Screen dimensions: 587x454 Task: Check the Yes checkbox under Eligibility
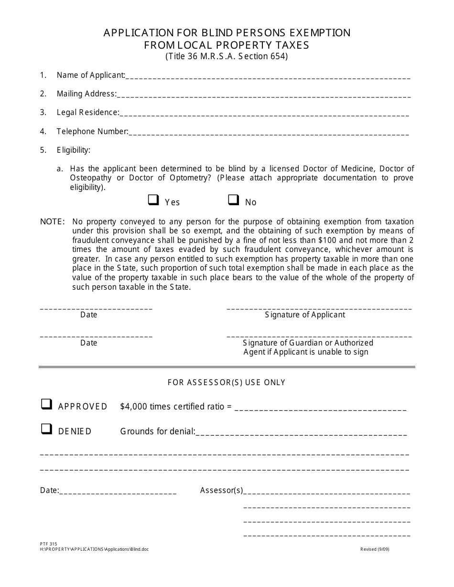point(153,200)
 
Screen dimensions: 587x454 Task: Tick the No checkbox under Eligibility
point(233,200)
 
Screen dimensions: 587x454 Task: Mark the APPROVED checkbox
point(46,404)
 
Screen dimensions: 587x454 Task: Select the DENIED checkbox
point(46,429)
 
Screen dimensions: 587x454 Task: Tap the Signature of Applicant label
point(305,315)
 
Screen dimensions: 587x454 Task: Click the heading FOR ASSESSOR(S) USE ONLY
point(227,382)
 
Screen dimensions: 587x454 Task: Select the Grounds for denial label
point(157,431)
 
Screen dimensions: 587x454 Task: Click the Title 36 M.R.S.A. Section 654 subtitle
point(227,56)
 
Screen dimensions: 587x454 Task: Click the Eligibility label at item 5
point(74,150)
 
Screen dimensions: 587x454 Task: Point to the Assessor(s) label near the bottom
point(221,491)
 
